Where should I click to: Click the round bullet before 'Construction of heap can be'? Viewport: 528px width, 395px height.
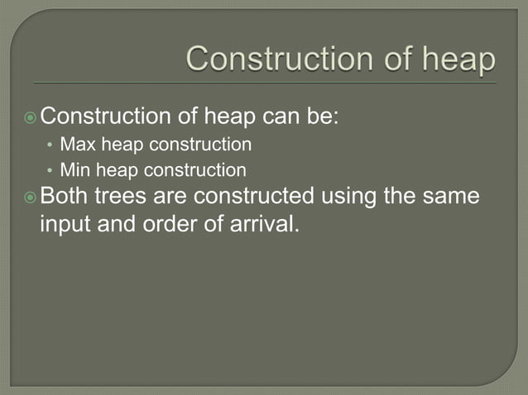tap(31, 117)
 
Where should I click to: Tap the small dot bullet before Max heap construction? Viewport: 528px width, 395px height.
tap(50, 146)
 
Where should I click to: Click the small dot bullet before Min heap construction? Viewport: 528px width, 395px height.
tap(50, 172)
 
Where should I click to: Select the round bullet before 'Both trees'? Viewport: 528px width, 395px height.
tap(31, 197)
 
